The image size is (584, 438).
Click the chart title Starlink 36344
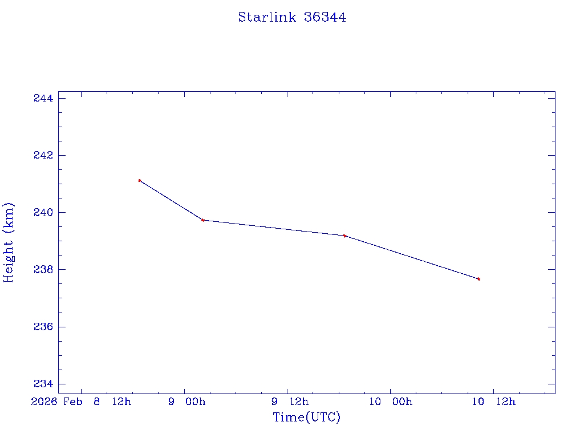pyautogui.click(x=292, y=17)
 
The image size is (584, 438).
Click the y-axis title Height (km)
pyautogui.click(x=9, y=242)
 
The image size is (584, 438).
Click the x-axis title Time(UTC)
pyautogui.click(x=307, y=417)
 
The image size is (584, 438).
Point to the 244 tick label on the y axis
pyautogui.click(x=43, y=99)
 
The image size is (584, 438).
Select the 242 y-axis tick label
pyautogui.click(x=43, y=156)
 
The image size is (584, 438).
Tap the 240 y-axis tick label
pyautogui.click(x=43, y=213)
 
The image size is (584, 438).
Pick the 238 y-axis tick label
pyautogui.click(x=43, y=270)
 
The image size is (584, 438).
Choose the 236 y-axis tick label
pyautogui.click(x=43, y=327)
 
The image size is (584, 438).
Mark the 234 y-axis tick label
pyautogui.click(x=43, y=384)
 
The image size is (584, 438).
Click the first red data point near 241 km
pyautogui.click(x=139, y=181)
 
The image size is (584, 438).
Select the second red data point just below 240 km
pyautogui.click(x=203, y=220)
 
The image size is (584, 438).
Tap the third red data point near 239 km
pyautogui.click(x=344, y=236)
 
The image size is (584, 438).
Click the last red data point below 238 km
pyautogui.click(x=478, y=279)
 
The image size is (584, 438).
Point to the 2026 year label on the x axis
pyautogui.click(x=44, y=401)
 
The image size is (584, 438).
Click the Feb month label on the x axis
pyautogui.click(x=72, y=401)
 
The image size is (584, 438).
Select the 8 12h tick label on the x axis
pyautogui.click(x=112, y=401)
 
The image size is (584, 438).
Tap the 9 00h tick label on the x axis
pyautogui.click(x=186, y=401)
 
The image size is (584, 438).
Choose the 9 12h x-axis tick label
pyautogui.click(x=290, y=401)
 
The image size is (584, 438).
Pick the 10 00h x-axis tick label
pyautogui.click(x=390, y=401)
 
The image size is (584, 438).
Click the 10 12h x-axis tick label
pyautogui.click(x=493, y=401)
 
